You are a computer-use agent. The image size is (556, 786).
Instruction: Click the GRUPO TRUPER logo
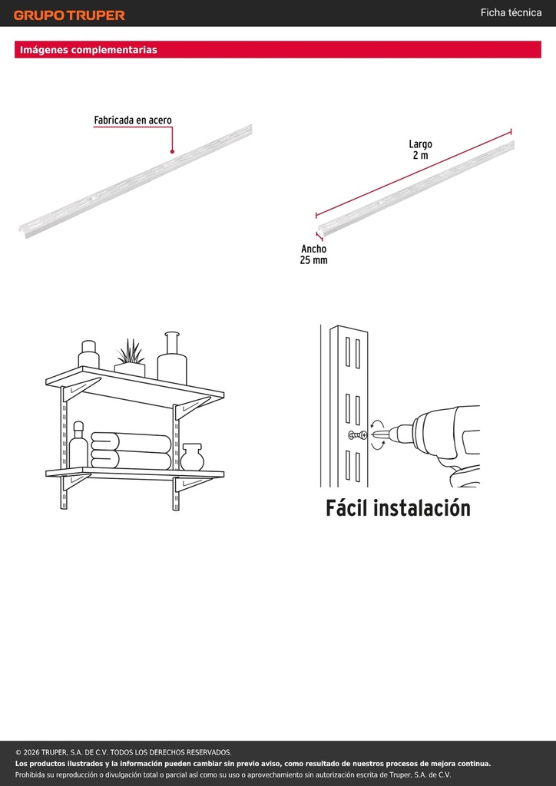click(69, 15)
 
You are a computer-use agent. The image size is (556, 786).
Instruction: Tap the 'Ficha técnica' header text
click(511, 13)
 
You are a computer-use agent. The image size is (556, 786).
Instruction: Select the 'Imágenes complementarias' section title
click(89, 50)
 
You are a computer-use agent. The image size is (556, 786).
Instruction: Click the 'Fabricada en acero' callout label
click(133, 121)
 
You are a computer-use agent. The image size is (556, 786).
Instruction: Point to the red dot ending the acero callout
click(172, 151)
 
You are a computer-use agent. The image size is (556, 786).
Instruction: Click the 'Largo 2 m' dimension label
click(421, 150)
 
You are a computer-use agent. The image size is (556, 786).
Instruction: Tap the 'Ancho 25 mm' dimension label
click(314, 255)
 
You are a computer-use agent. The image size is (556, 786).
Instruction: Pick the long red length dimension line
click(414, 173)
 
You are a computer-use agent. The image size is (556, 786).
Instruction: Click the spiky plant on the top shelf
click(131, 352)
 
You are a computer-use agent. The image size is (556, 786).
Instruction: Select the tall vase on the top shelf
click(172, 358)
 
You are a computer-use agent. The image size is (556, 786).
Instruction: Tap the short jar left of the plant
click(89, 355)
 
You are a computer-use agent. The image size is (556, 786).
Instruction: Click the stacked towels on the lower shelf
click(131, 451)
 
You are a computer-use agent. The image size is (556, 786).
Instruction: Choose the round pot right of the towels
click(193, 457)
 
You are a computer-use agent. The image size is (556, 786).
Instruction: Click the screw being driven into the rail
click(358, 435)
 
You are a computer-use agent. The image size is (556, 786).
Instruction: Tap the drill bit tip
click(373, 434)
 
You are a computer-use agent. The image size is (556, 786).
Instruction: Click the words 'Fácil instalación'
click(398, 508)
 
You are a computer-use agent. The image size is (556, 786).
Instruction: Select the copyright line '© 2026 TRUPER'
click(124, 752)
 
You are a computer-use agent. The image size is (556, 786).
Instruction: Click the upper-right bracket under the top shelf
click(193, 408)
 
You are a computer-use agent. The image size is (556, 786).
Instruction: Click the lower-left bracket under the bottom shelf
click(75, 482)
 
